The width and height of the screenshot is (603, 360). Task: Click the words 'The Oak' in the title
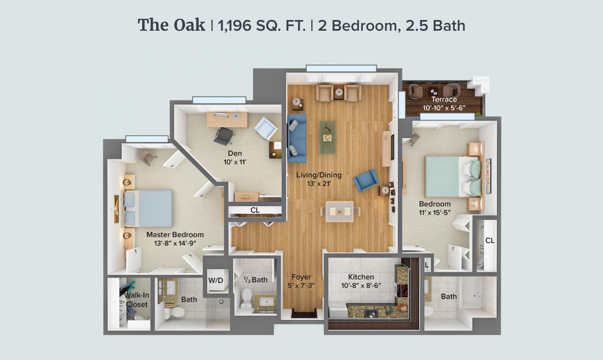pyautogui.click(x=171, y=25)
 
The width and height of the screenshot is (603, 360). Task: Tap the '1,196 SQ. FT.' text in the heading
pyautogui.click(x=262, y=26)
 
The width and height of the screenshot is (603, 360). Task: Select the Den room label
pyautogui.click(x=235, y=154)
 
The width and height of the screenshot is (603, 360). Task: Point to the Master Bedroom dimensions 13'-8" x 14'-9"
pyautogui.click(x=175, y=243)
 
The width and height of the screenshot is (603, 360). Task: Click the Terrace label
pyautogui.click(x=444, y=99)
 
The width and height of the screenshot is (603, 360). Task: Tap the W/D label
pyautogui.click(x=216, y=280)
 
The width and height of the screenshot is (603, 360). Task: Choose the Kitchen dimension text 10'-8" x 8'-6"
pyautogui.click(x=361, y=286)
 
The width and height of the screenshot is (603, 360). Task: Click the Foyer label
pyautogui.click(x=301, y=277)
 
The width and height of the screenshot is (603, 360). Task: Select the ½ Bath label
pyautogui.click(x=256, y=280)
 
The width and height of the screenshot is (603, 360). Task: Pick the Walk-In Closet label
pyautogui.click(x=137, y=300)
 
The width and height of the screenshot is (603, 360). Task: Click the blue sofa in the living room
pyautogui.click(x=297, y=138)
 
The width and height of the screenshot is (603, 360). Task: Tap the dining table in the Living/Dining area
pyautogui.click(x=339, y=211)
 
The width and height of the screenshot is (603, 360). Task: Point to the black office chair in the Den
pyautogui.click(x=224, y=136)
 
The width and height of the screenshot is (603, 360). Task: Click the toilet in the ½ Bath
pyautogui.click(x=247, y=299)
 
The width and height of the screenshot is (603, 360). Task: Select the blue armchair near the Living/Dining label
pyautogui.click(x=366, y=180)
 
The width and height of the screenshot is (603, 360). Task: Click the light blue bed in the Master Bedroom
pyautogui.click(x=148, y=209)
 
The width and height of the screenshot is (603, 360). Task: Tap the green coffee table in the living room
pyautogui.click(x=328, y=138)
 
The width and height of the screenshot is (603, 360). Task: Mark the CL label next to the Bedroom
pyautogui.click(x=490, y=240)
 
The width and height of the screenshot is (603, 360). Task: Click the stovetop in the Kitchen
pyautogui.click(x=402, y=291)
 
